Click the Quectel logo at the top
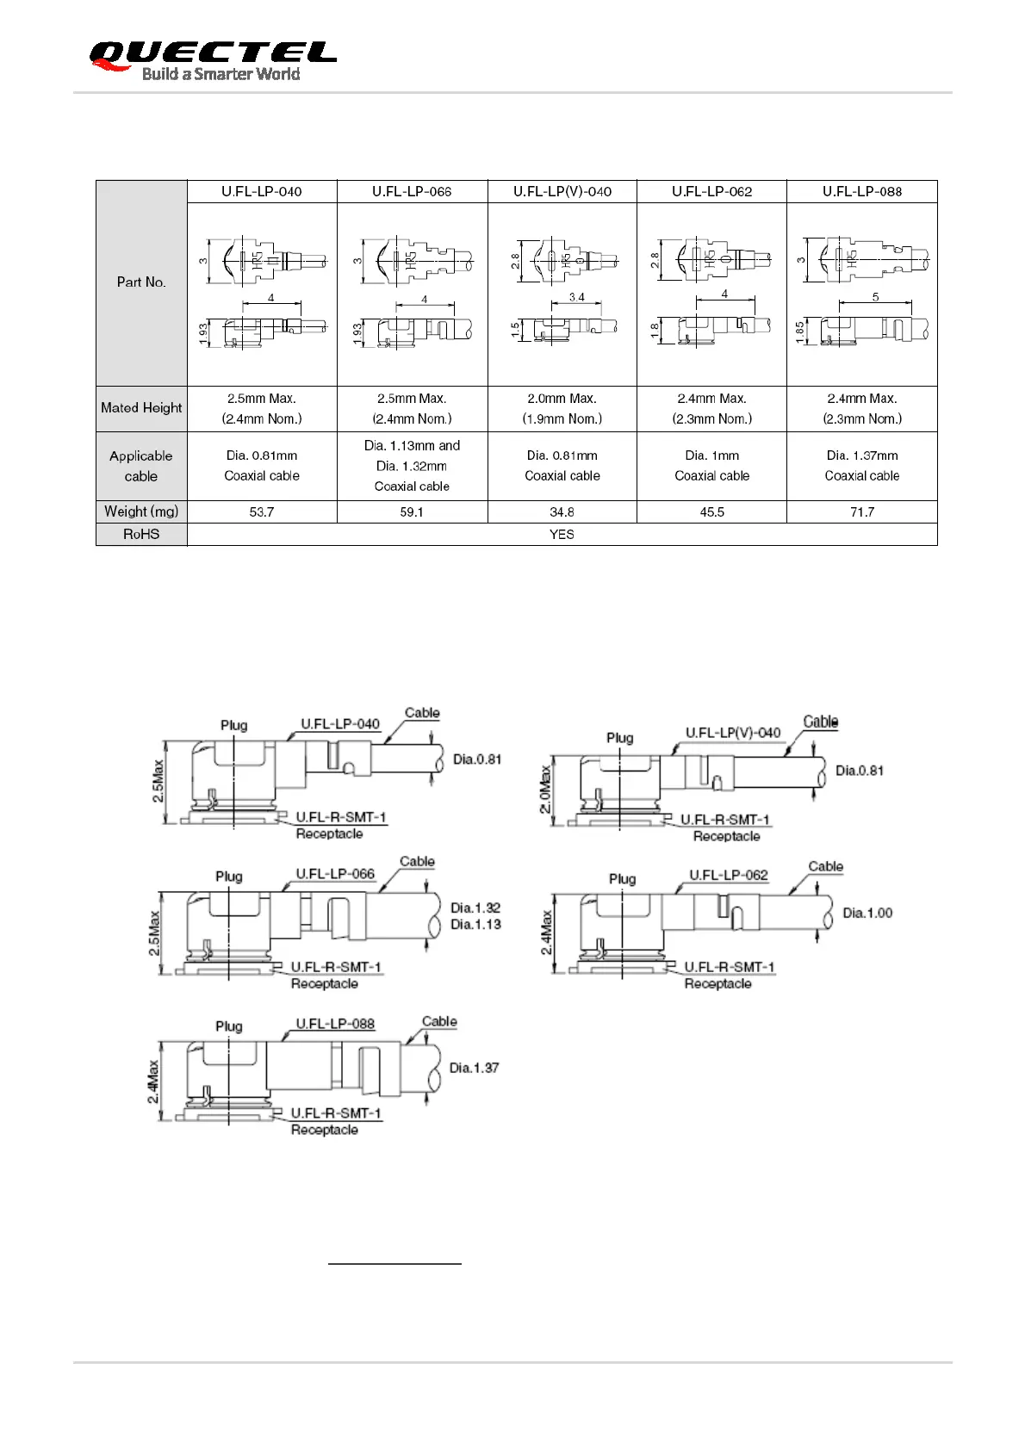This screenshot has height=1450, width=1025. coord(212,60)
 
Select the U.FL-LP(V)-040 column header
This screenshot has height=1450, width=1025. coord(562,191)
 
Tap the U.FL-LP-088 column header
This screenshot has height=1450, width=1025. coord(861,191)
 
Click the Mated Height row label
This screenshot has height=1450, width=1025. coord(141,408)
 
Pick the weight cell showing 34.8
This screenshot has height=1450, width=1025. coord(562,512)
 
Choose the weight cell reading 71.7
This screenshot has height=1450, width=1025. coord(861,512)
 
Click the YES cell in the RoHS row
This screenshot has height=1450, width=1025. coord(562,535)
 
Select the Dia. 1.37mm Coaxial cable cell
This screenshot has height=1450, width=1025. coord(861,466)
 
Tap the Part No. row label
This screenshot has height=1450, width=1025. coord(141,282)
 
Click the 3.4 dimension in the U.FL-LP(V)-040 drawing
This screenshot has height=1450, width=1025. coord(576,297)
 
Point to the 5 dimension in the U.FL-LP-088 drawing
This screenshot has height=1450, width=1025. coord(875,297)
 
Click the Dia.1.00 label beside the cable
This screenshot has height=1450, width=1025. coord(867,914)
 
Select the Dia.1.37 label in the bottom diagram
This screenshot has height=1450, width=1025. coord(474,1069)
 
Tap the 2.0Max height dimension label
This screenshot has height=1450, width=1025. coord(544,790)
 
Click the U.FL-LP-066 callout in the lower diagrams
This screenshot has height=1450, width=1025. coord(335,874)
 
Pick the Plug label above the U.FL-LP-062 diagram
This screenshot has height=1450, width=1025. coord(622,879)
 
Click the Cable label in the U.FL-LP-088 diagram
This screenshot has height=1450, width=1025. coord(439,1022)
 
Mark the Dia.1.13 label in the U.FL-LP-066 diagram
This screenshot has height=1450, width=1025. coord(475,925)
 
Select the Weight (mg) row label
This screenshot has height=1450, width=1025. coord(141,512)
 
